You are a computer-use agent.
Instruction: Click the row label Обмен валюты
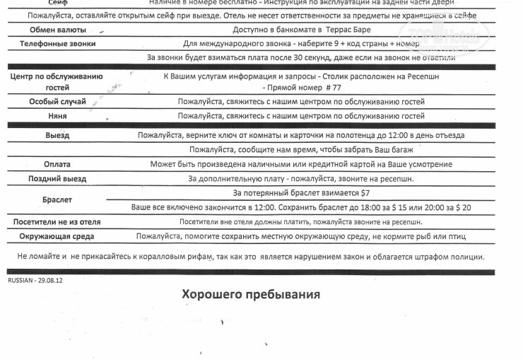point(59,30)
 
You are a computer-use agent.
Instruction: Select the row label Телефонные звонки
point(59,44)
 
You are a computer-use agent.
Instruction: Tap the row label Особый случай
point(58,102)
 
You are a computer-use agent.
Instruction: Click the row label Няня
point(58,115)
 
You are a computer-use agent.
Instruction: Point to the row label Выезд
point(58,135)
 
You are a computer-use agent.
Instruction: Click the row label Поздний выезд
point(57,179)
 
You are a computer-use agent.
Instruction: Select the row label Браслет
point(57,200)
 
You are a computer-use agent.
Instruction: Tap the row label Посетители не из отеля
point(57,222)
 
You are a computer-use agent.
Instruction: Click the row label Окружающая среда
point(57,236)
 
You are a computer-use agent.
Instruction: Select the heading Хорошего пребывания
point(251,294)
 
